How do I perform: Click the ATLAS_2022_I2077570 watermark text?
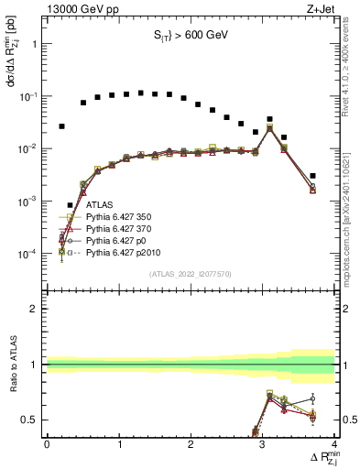[x=190, y=274]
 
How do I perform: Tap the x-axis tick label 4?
[x=333, y=444]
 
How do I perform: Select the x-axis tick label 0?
[x=47, y=444]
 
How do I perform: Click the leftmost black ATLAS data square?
[x=61, y=125]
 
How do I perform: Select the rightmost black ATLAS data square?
[x=312, y=176]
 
